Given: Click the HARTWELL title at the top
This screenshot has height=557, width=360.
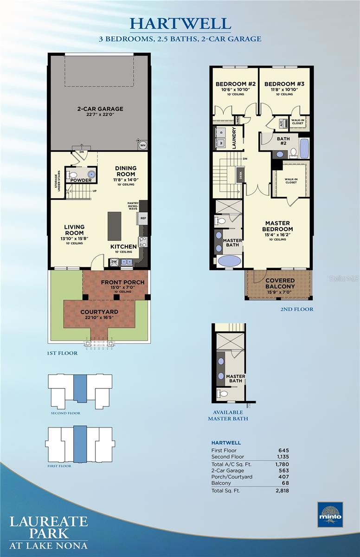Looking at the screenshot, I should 180,23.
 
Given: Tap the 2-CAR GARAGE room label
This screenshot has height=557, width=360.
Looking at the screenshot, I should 100,109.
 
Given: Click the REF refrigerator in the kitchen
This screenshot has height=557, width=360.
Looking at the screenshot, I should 143,218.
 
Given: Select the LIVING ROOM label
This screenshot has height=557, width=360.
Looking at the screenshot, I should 74,230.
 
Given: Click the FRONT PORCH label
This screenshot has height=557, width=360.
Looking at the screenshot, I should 122,282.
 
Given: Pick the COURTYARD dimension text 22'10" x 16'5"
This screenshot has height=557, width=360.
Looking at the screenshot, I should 98,318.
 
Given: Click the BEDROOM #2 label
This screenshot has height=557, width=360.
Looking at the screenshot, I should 236,84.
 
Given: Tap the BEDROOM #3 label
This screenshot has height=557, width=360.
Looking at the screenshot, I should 284,84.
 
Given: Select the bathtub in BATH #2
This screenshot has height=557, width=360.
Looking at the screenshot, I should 304,148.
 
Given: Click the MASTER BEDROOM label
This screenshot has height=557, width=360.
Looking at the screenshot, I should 277,226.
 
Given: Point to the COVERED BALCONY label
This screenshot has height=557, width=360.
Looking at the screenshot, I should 279,283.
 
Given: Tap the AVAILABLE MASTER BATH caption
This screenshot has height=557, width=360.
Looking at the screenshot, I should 228,415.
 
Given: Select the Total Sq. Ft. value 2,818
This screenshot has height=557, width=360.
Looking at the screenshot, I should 282,490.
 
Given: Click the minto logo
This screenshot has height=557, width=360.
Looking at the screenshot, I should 330,514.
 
